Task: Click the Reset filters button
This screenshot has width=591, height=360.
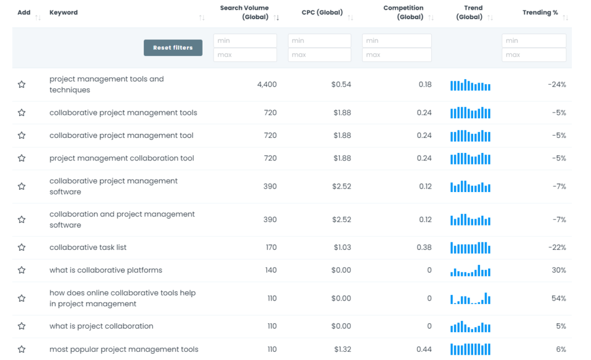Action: pyautogui.click(x=173, y=48)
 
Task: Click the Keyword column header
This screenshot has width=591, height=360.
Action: pyautogui.click(x=63, y=13)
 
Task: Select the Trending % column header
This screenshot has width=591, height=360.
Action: pyautogui.click(x=540, y=13)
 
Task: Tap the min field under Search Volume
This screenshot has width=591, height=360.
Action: pyautogui.click(x=245, y=41)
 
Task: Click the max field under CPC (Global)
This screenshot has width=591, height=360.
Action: pyautogui.click(x=319, y=55)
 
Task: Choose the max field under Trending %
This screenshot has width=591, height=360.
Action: pyautogui.click(x=533, y=55)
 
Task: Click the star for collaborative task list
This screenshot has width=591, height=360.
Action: pyautogui.click(x=21, y=247)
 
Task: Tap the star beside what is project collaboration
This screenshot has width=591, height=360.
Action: pyautogui.click(x=21, y=327)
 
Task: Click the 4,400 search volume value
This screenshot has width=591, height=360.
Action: pyautogui.click(x=267, y=85)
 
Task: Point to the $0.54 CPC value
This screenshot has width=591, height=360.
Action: pyautogui.click(x=341, y=85)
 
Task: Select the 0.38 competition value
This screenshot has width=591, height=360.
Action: pyautogui.click(x=424, y=247)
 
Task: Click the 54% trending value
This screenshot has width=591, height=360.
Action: pyautogui.click(x=559, y=299)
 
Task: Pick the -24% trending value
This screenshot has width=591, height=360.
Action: pyautogui.click(x=557, y=85)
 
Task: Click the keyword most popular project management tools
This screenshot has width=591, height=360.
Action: pyautogui.click(x=124, y=350)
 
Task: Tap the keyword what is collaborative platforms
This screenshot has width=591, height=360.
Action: pyautogui.click(x=106, y=271)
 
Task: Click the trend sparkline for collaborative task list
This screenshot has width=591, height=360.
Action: pyautogui.click(x=470, y=248)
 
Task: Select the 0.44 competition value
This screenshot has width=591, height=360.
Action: pyautogui.click(x=424, y=350)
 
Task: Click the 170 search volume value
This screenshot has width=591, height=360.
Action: pyautogui.click(x=271, y=247)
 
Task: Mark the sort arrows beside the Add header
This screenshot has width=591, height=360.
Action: pyautogui.click(x=38, y=18)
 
